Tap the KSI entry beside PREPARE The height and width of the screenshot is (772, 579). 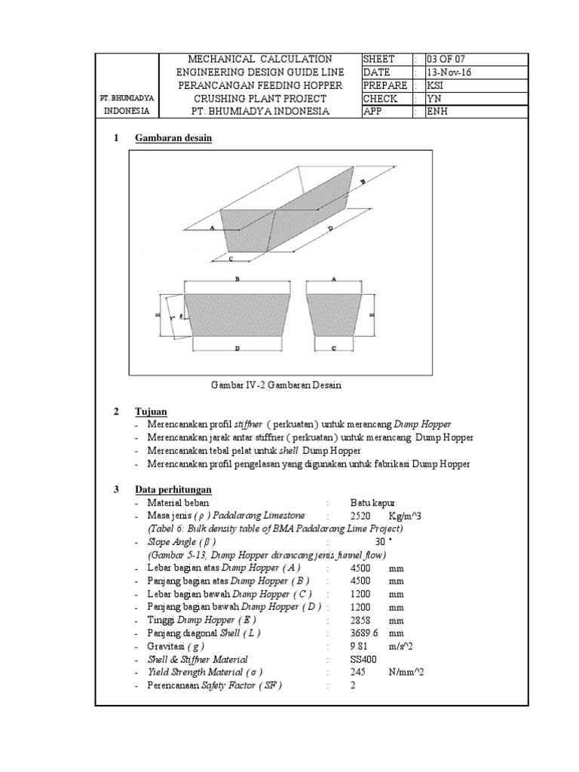(435, 86)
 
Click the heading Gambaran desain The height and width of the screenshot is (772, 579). (173, 139)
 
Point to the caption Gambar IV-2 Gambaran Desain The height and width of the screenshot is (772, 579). (277, 385)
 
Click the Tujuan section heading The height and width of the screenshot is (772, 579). (150, 412)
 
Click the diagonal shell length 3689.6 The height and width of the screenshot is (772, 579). (364, 633)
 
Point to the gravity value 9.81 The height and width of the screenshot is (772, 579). (360, 647)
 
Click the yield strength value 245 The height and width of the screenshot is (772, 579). (357, 672)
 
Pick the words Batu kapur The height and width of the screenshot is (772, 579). (372, 502)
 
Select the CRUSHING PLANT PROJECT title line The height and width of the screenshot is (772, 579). (260, 99)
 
